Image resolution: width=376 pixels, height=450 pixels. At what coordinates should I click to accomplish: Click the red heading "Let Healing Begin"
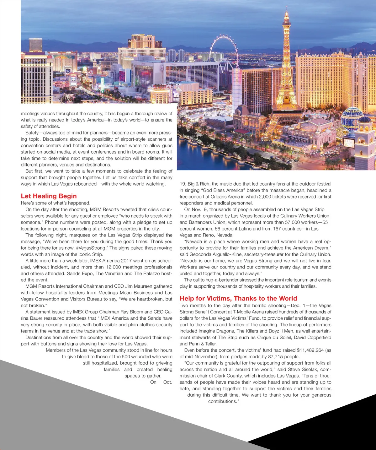(49, 196)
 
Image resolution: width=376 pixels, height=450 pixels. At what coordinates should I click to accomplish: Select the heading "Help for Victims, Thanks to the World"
(238, 298)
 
